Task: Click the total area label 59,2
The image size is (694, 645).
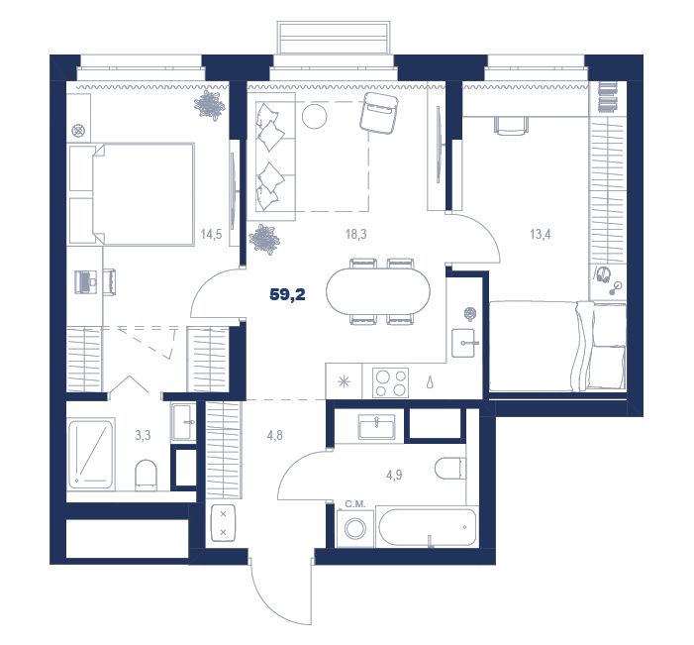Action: click(287, 294)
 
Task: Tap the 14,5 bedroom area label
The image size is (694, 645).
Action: click(211, 234)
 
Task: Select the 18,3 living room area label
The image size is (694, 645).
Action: click(355, 234)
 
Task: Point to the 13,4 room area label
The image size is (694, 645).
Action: click(540, 234)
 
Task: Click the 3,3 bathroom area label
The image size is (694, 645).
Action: click(143, 436)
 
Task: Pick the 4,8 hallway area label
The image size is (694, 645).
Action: click(274, 436)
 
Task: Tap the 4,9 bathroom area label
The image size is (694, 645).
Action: click(394, 476)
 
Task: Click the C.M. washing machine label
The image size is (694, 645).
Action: click(355, 503)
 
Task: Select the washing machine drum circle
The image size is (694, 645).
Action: click(355, 529)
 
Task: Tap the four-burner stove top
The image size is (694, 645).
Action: click(390, 382)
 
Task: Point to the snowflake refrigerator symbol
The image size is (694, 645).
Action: click(344, 381)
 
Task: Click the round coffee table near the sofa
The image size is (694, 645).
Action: click(314, 116)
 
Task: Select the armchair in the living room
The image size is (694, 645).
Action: click(379, 113)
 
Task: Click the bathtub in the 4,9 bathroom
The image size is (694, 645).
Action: click(428, 528)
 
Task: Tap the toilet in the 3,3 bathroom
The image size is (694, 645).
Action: click(146, 475)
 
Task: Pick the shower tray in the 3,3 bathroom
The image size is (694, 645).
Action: click(91, 454)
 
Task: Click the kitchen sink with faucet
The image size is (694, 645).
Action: click(464, 343)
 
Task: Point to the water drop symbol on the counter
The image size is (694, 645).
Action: click(430, 382)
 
